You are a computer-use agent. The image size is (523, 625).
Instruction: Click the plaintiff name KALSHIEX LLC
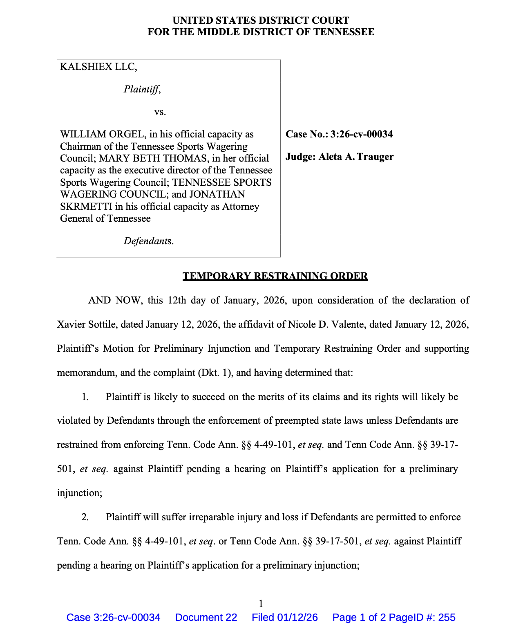coord(98,67)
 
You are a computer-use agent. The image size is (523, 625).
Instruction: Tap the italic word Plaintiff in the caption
coord(141,89)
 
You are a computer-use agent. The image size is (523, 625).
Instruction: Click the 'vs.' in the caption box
coord(160,112)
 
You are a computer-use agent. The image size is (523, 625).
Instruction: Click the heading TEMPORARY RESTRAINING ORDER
coord(275,276)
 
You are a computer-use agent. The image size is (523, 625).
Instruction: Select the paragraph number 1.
coord(85,397)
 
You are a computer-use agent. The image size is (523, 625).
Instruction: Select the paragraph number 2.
coord(85,517)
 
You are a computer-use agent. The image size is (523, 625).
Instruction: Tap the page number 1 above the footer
coord(261,603)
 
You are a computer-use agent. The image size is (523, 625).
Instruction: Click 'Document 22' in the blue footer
coord(206,617)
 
